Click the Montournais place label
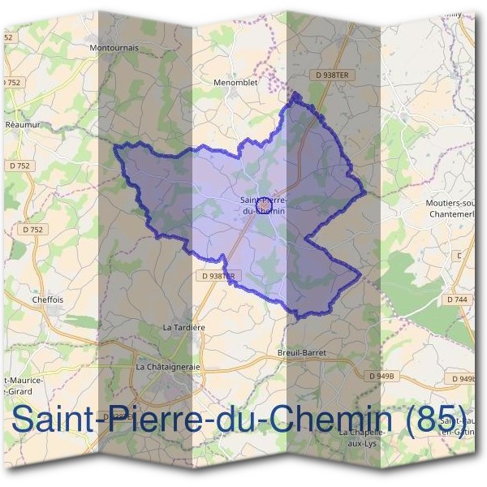(x=114, y=48)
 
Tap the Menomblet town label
(x=234, y=82)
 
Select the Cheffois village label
(x=47, y=299)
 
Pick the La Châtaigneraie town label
(x=168, y=367)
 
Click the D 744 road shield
(x=457, y=300)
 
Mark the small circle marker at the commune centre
(x=264, y=206)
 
